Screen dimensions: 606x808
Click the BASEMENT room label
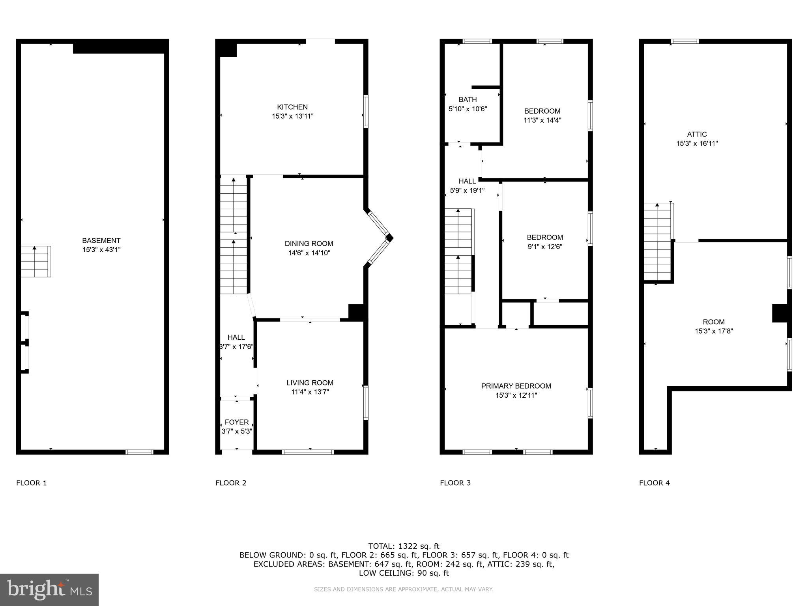click(x=101, y=240)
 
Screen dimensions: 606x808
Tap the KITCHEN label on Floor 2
click(x=292, y=107)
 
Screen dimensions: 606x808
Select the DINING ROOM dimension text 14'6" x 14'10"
click(x=309, y=253)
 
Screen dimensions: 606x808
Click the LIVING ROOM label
click(x=310, y=383)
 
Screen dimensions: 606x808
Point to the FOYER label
click(x=236, y=422)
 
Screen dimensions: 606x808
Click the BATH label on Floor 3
click(x=468, y=99)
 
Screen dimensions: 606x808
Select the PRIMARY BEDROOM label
click(x=516, y=386)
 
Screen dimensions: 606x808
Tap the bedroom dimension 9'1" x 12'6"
click(x=544, y=247)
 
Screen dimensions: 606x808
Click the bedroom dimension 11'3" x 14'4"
click(x=542, y=120)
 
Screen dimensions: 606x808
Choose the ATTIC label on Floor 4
click(x=697, y=134)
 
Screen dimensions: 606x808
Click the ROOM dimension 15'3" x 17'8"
click(x=714, y=331)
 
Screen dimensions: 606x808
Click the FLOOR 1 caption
click(x=32, y=483)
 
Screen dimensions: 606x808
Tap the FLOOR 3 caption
click(x=455, y=483)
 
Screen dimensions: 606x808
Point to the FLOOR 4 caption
click(x=655, y=483)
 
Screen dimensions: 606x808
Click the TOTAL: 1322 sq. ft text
click(x=404, y=546)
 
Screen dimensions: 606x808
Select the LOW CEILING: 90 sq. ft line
click(x=404, y=573)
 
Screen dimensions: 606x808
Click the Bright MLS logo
click(x=49, y=589)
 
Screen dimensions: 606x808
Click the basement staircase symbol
click(x=36, y=262)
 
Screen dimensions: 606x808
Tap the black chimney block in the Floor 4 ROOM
click(x=780, y=313)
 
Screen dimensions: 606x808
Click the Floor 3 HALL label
click(x=467, y=181)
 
